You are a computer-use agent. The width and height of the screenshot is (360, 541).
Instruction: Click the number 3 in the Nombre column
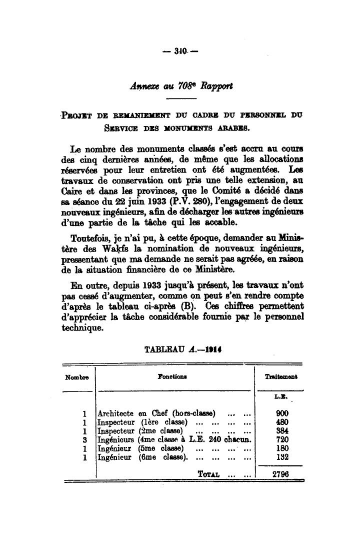[85, 439]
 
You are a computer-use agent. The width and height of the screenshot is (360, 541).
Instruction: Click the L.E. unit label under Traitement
[279, 397]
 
